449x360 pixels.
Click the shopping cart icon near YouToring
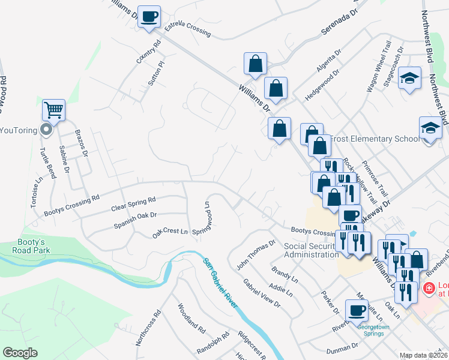(54, 110)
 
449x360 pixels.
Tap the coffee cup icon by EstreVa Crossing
(149, 16)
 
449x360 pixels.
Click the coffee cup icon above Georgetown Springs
(357, 310)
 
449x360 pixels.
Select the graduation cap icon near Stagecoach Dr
(409, 78)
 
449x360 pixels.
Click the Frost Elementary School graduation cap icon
(430, 128)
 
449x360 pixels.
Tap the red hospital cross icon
(429, 289)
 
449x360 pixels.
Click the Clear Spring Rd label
(133, 204)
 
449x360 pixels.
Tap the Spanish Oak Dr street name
(135, 220)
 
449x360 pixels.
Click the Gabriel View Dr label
(262, 293)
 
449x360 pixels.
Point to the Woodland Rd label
(191, 319)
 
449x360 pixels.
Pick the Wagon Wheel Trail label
(379, 67)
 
